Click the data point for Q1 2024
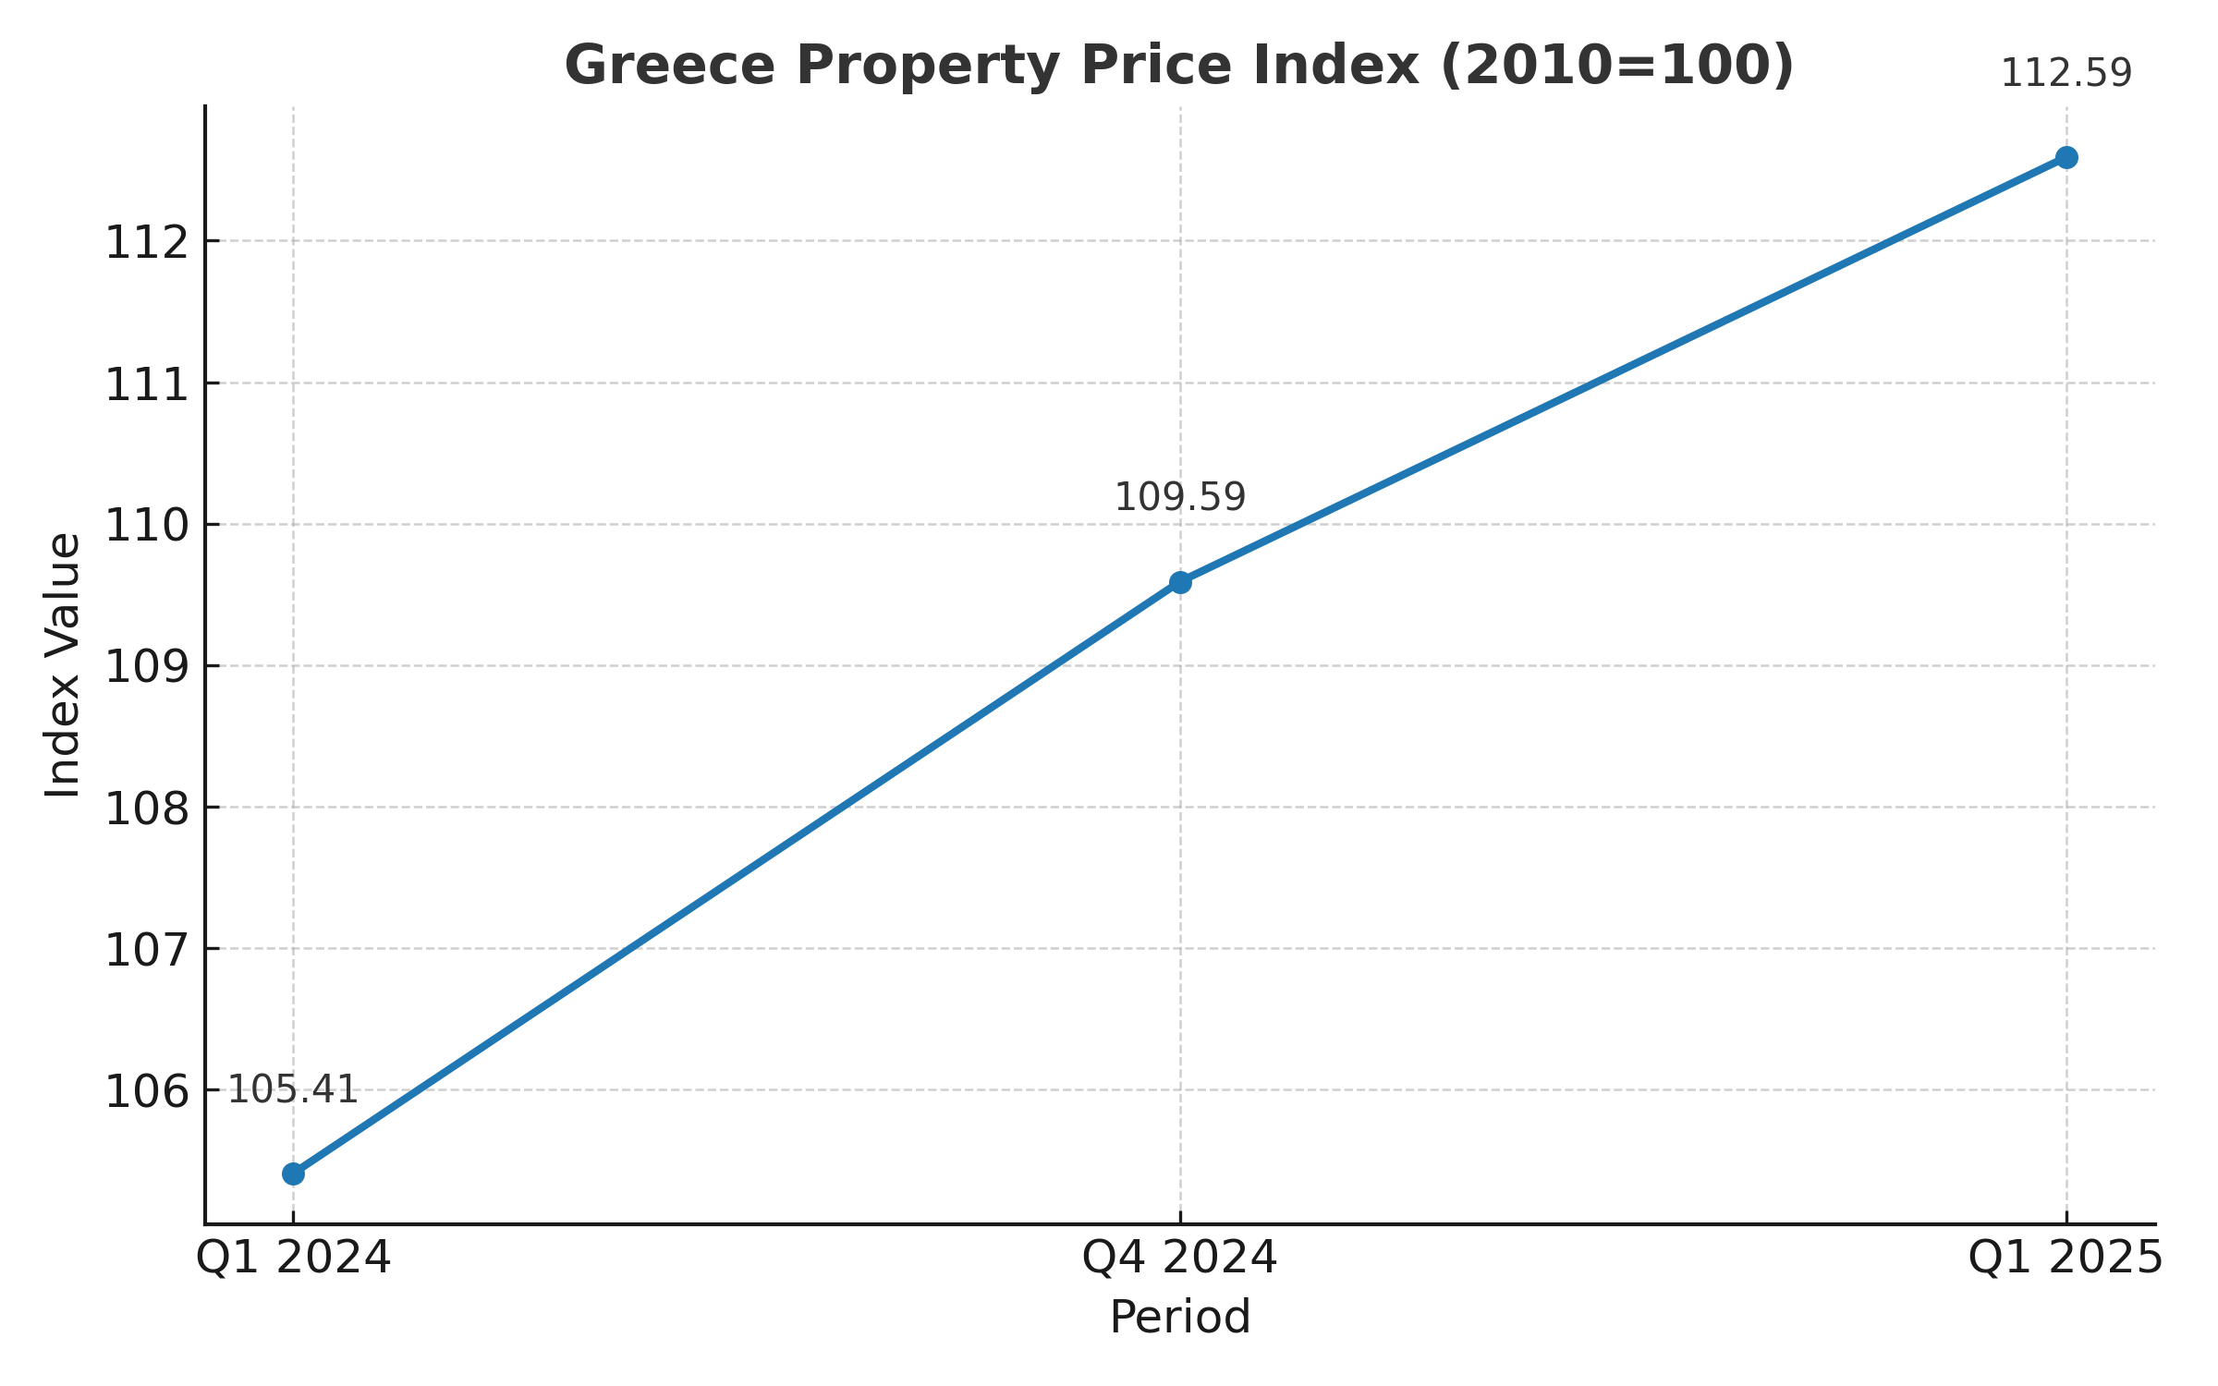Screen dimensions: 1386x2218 click(x=293, y=1173)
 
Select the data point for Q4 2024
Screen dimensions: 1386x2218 click(x=1180, y=582)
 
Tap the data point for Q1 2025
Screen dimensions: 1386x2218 click(x=2066, y=157)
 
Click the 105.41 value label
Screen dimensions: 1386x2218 click(x=293, y=1090)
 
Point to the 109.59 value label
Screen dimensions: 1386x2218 click(x=1180, y=498)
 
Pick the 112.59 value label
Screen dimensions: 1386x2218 click(x=2066, y=74)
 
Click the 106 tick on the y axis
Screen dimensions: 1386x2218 click(x=147, y=1092)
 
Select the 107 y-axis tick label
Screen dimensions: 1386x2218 click(x=147, y=950)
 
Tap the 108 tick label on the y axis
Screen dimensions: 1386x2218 click(x=147, y=808)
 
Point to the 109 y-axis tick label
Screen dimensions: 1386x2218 click(x=147, y=667)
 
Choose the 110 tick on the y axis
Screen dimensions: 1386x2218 click(x=147, y=526)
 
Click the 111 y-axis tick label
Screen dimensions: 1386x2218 click(x=147, y=384)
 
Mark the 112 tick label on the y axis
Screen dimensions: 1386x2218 click(x=147, y=243)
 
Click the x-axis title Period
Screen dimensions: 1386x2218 click(x=1180, y=1318)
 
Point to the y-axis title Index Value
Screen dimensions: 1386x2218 click(x=63, y=665)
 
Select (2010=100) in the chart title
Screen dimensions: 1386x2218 click(x=1617, y=67)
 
